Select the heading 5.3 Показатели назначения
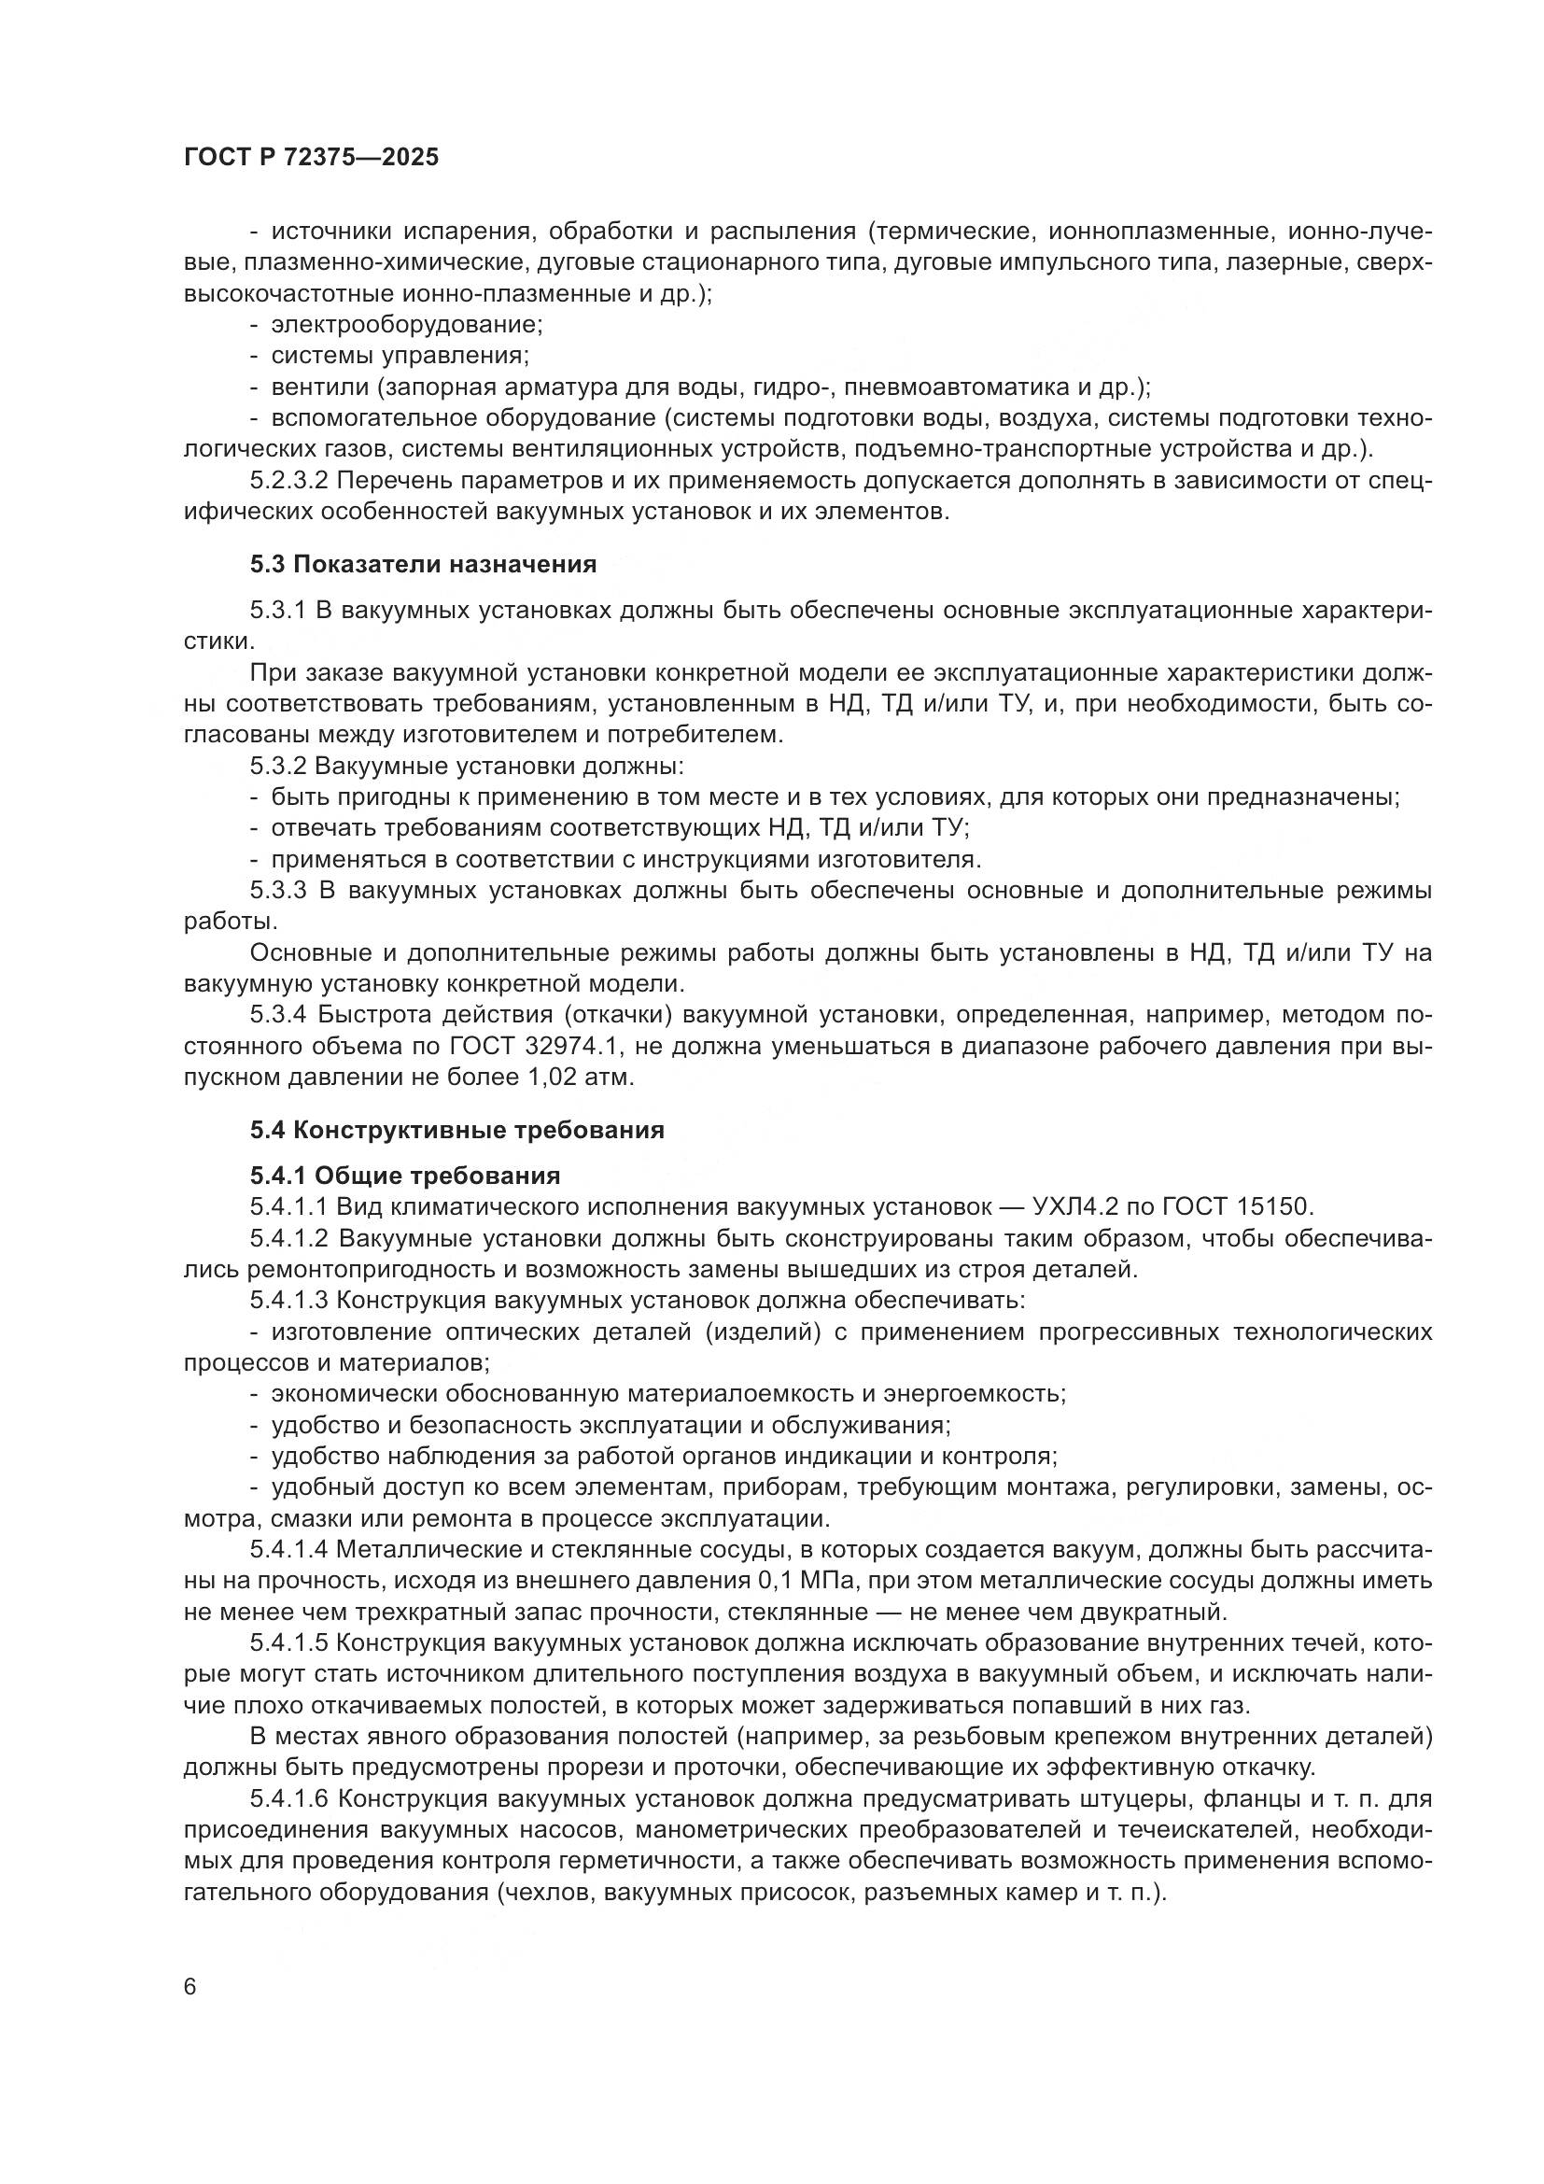tap(423, 564)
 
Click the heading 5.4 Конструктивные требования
tap(456, 1130)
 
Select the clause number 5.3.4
tap(277, 1015)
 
